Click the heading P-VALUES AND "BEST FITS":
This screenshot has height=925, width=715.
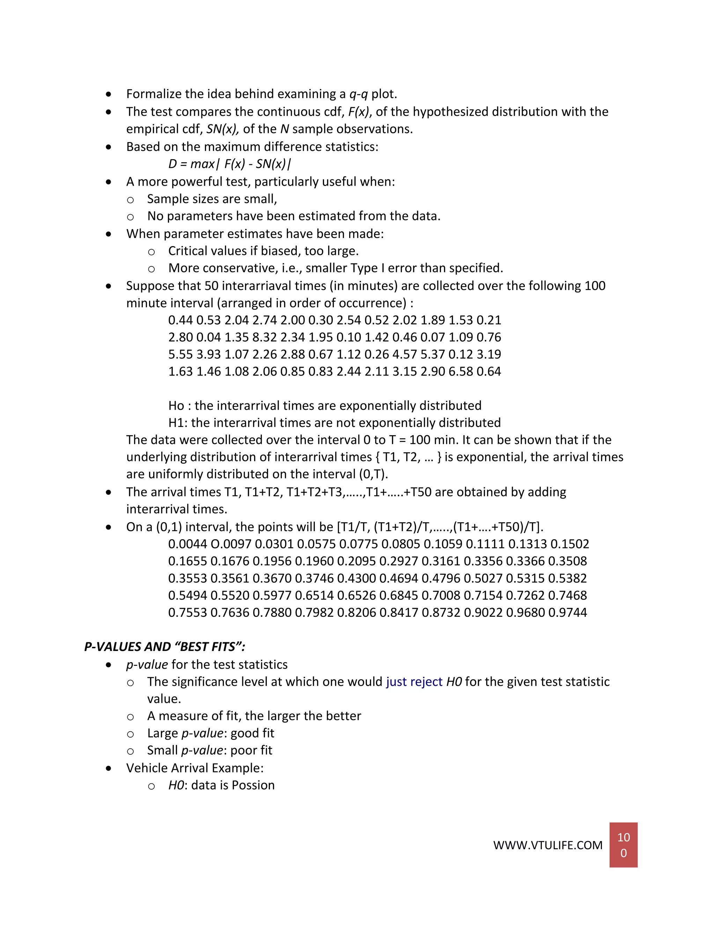coord(165,647)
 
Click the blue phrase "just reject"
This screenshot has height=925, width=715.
coord(414,681)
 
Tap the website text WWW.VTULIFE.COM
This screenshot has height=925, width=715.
coord(548,845)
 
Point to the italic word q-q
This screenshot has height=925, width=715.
coord(358,94)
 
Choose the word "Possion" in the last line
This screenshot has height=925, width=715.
coord(253,785)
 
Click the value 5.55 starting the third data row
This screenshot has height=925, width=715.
coord(180,354)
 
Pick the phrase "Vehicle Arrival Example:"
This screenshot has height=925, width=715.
coord(195,768)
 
